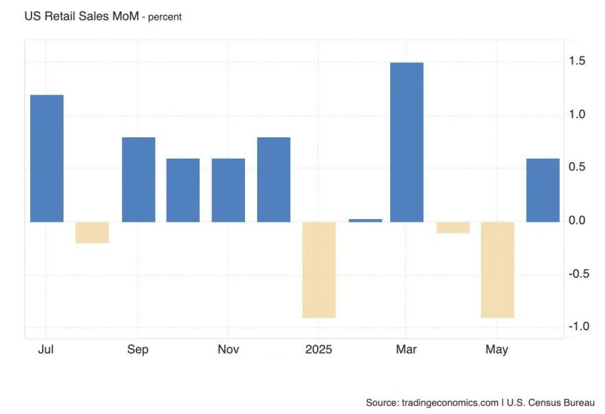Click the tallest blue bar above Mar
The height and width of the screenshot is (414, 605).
tap(407, 142)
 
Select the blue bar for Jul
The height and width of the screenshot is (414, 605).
tap(47, 158)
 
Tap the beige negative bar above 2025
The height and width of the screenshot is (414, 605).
tap(319, 269)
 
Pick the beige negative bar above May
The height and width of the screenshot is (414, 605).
tap(497, 269)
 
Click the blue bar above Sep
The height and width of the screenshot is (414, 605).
tap(139, 179)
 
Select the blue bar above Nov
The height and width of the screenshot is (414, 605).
tap(228, 190)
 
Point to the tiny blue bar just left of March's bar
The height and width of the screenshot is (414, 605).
tap(365, 220)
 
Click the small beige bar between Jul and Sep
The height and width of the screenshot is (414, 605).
tap(92, 232)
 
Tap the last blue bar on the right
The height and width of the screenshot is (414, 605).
tap(543, 190)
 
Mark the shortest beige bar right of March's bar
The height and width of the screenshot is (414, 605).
tap(453, 227)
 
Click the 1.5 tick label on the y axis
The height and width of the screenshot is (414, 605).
tap(576, 62)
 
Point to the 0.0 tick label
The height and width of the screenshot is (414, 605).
tap(576, 220)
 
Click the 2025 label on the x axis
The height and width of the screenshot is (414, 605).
tap(318, 349)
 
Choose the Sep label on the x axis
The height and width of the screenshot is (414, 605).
tap(137, 349)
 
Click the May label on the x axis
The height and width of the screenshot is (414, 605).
tap(497, 349)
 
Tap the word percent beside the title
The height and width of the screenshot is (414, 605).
tap(162, 17)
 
